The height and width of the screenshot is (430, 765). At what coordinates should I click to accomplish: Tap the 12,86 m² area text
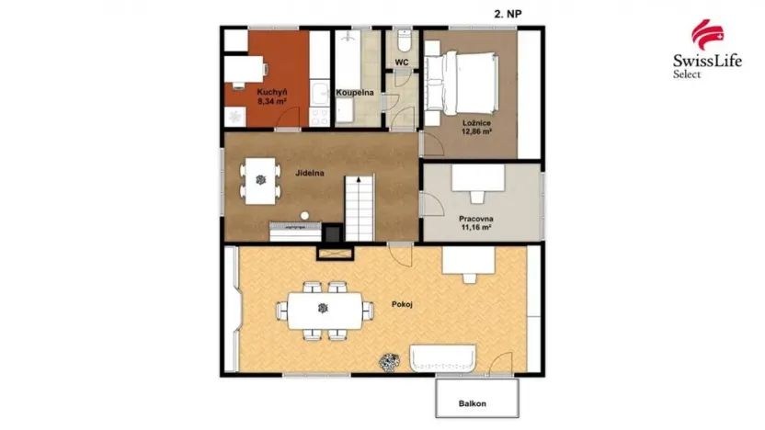pos(475,131)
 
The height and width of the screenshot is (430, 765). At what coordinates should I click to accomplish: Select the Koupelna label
pos(353,93)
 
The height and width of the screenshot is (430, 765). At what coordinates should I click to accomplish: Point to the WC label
pos(401,62)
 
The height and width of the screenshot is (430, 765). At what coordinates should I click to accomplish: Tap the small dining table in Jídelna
pos(261,179)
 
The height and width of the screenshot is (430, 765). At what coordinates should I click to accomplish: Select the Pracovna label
pos(476,219)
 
